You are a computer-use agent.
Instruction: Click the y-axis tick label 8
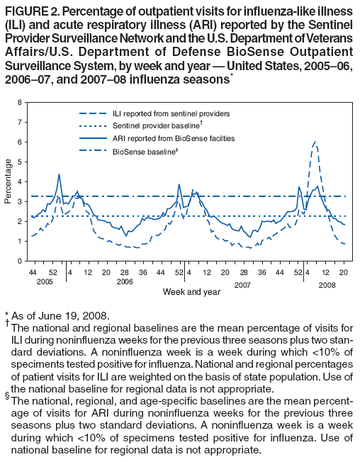pyautogui.click(x=20, y=103)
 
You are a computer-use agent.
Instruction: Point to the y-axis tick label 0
pyautogui.click(x=20, y=261)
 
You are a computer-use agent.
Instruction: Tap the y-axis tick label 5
pyautogui.click(x=20, y=162)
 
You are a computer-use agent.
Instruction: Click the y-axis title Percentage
pyautogui.click(x=8, y=182)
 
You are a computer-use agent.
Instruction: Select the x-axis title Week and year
pyautogui.click(x=186, y=291)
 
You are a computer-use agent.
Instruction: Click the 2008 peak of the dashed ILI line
pyautogui.click(x=314, y=142)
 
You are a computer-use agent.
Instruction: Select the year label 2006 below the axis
pyautogui.click(x=125, y=281)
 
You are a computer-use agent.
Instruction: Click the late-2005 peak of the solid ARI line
pyautogui.click(x=60, y=174)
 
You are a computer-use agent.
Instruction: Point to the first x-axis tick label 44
pyautogui.click(x=32, y=272)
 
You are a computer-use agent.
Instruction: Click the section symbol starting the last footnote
pyautogui.click(x=8, y=394)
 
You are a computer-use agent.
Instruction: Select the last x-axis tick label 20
pyautogui.click(x=344, y=272)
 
